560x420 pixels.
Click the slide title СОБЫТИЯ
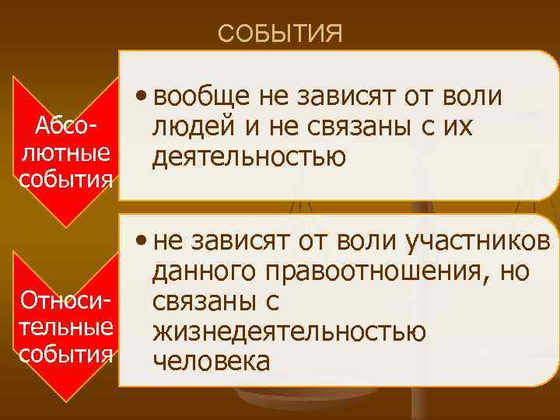[x=280, y=34]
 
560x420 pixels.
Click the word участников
[x=478, y=243]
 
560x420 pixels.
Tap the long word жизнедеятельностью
[x=289, y=332]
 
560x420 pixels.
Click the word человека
[x=212, y=362]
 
